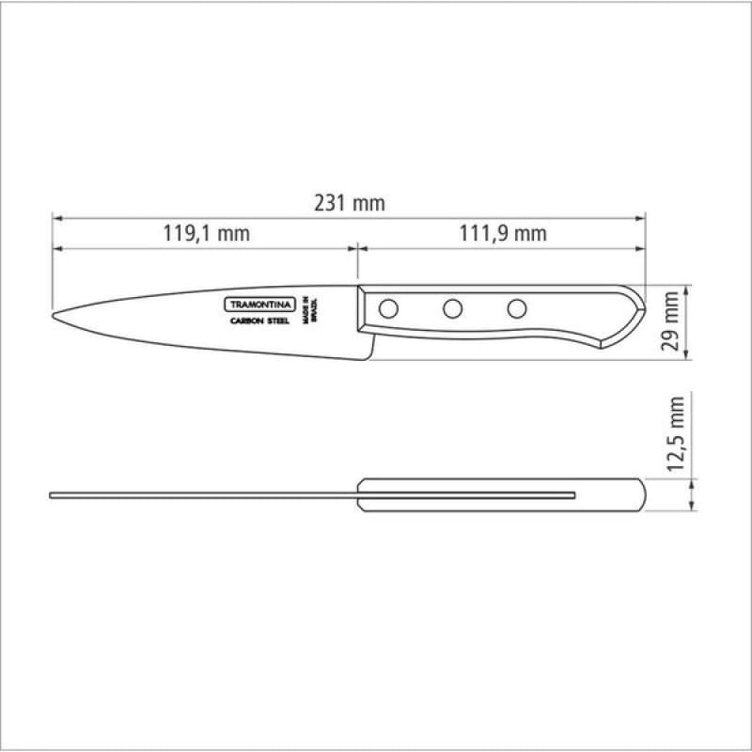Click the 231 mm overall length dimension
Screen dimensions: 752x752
pos(350,203)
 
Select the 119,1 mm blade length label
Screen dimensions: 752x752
pos(206,233)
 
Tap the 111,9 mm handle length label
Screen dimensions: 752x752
pos(503,233)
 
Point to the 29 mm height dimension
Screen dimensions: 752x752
pos(670,321)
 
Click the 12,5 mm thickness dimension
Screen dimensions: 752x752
pos(675,433)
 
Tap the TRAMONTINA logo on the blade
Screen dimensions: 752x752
pos(260,305)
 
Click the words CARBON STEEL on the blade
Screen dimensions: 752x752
pos(260,321)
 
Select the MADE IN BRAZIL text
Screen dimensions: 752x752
pos(310,310)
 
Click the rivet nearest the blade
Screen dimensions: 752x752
pos(388,309)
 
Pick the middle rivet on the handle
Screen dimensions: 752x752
pos(452,309)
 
